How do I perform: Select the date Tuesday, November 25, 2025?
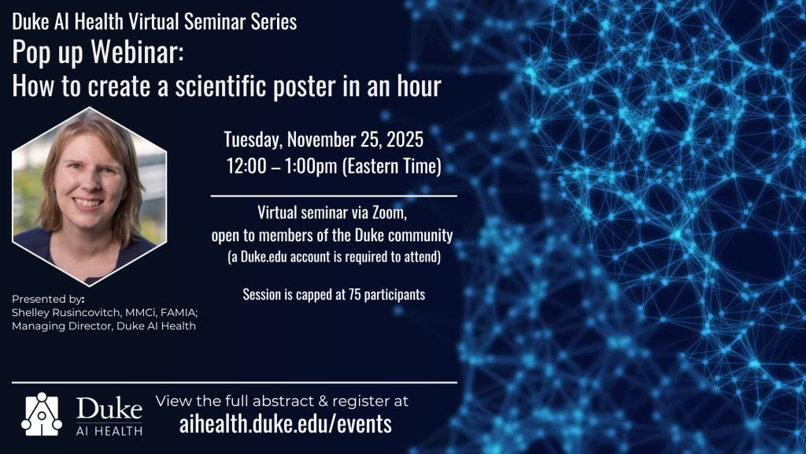click(x=324, y=140)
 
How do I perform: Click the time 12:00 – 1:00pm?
click(x=282, y=166)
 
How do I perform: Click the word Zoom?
click(x=389, y=212)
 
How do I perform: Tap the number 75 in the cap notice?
click(x=354, y=295)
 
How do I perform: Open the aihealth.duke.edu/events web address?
click(x=285, y=423)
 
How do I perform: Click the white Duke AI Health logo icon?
click(x=42, y=415)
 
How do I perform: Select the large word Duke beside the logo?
click(x=109, y=409)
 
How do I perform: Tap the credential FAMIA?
click(x=179, y=312)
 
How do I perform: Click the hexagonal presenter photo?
click(x=90, y=196)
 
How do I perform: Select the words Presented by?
click(x=46, y=299)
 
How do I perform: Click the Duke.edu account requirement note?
click(x=334, y=256)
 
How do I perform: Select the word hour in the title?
click(x=419, y=85)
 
